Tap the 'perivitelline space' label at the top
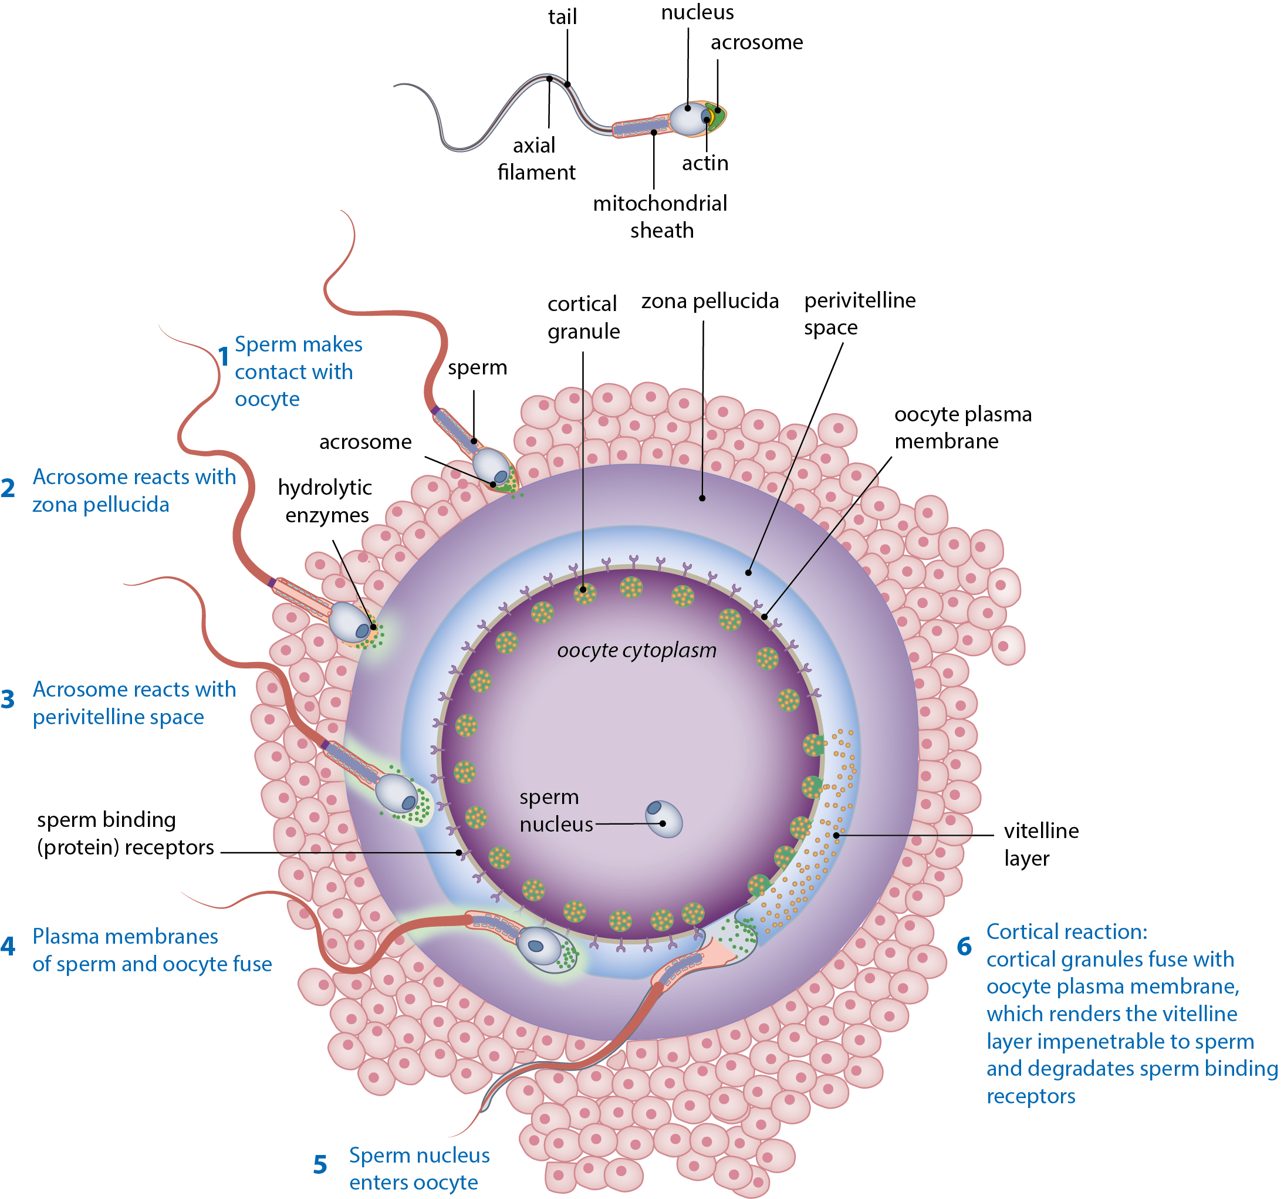[x=859, y=314]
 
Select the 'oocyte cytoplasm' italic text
[x=636, y=650]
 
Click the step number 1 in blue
[x=224, y=357]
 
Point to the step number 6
[x=964, y=947]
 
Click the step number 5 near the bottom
[x=320, y=1165]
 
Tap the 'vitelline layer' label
[x=1040, y=845]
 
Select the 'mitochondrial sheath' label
[x=660, y=217]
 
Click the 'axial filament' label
[x=535, y=159]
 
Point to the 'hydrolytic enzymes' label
[x=326, y=501]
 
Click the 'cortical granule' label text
[x=583, y=317]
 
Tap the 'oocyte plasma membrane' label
[x=962, y=428]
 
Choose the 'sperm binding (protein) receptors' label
[x=126, y=833]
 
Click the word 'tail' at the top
[x=562, y=17]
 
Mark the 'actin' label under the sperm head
[x=705, y=163]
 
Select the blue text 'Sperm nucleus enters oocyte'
[x=418, y=1168]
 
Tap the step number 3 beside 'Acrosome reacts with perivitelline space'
[x=8, y=700]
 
